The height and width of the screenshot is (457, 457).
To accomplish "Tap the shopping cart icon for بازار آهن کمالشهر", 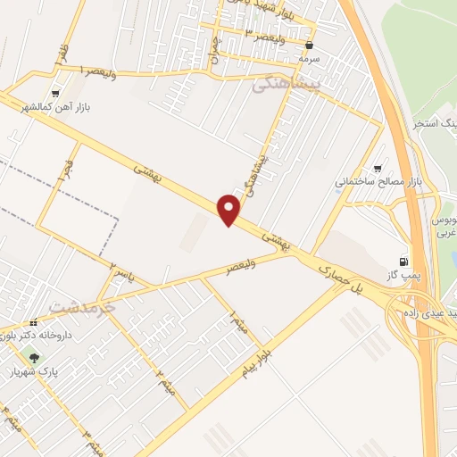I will (55, 93).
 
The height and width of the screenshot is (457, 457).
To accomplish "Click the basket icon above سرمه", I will (310, 44).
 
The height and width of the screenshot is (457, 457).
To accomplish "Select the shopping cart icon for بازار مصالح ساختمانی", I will (380, 167).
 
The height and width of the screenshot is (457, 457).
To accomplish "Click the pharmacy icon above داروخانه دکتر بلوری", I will (33, 322).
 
